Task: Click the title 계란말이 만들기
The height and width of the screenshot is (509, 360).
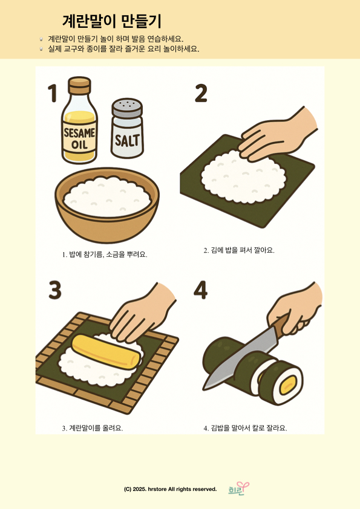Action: tap(111, 21)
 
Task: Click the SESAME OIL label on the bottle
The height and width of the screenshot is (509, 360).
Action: tap(80, 138)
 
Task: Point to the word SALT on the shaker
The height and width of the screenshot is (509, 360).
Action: tap(127, 141)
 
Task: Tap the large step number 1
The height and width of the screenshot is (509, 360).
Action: tap(52, 93)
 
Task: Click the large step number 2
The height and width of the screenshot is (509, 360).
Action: tap(201, 93)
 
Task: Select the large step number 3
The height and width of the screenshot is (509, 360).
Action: tap(55, 290)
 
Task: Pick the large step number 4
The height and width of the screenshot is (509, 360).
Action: tap(200, 290)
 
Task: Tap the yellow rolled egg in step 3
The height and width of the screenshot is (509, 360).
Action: tap(106, 352)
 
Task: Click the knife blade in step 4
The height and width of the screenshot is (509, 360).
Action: tap(240, 357)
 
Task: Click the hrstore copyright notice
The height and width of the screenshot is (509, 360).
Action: tap(170, 489)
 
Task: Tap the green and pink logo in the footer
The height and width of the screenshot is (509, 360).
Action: tap(238, 489)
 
